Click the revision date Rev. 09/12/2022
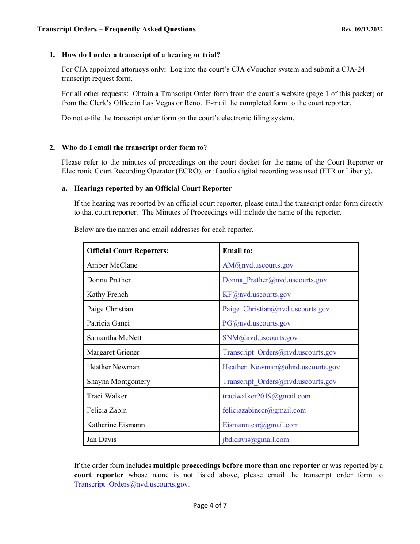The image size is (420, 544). point(362,30)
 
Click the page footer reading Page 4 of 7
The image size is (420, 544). point(210,505)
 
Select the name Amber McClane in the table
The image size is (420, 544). point(112,265)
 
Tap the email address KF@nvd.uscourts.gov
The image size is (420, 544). point(256,295)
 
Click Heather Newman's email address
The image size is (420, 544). point(281,367)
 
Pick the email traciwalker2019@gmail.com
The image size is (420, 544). point(266,396)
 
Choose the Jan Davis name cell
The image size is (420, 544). point(101,440)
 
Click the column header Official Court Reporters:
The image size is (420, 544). point(128,251)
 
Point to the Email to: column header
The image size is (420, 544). point(237,251)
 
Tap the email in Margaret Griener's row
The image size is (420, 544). point(279,352)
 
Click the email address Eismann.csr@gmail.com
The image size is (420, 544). point(260,425)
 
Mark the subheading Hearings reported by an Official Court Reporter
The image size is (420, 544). point(153,188)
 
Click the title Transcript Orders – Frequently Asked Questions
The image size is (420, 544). point(116,29)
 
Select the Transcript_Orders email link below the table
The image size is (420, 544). point(131,484)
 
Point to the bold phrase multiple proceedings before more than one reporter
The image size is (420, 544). point(236,466)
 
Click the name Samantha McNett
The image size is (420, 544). point(114,338)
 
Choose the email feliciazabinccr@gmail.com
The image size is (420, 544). point(264,410)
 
